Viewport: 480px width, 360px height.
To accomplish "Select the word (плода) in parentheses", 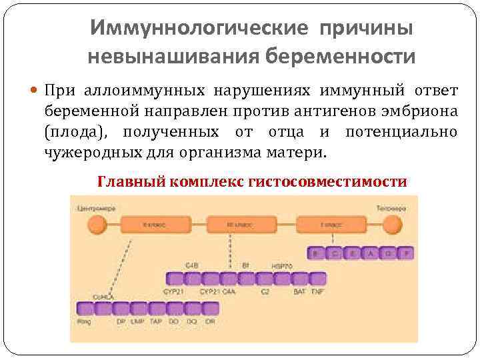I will click(74, 131).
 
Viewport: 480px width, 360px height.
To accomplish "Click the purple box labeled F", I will click(407, 253).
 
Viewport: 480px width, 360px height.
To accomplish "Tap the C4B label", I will click(192, 265).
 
